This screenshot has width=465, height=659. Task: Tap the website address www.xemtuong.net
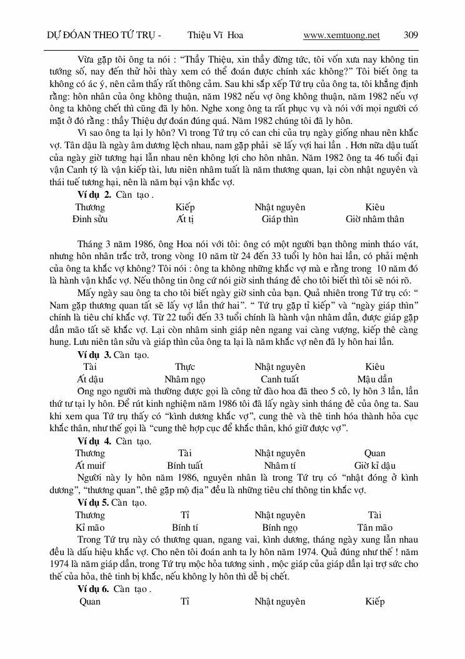341,36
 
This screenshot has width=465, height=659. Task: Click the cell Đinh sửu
90,219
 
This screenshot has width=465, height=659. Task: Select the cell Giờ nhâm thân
374,219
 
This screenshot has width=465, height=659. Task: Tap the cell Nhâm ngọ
184,379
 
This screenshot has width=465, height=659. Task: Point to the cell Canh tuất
279,379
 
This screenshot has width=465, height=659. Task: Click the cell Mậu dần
374,379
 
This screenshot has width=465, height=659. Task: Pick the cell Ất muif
90,466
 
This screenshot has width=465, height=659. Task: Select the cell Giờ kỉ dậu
374,466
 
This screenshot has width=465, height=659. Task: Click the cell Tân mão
374,528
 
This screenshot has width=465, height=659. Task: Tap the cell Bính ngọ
279,528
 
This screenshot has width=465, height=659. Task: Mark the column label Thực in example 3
184,367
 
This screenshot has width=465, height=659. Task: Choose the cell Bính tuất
184,466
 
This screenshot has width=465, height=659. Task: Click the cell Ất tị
184,219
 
